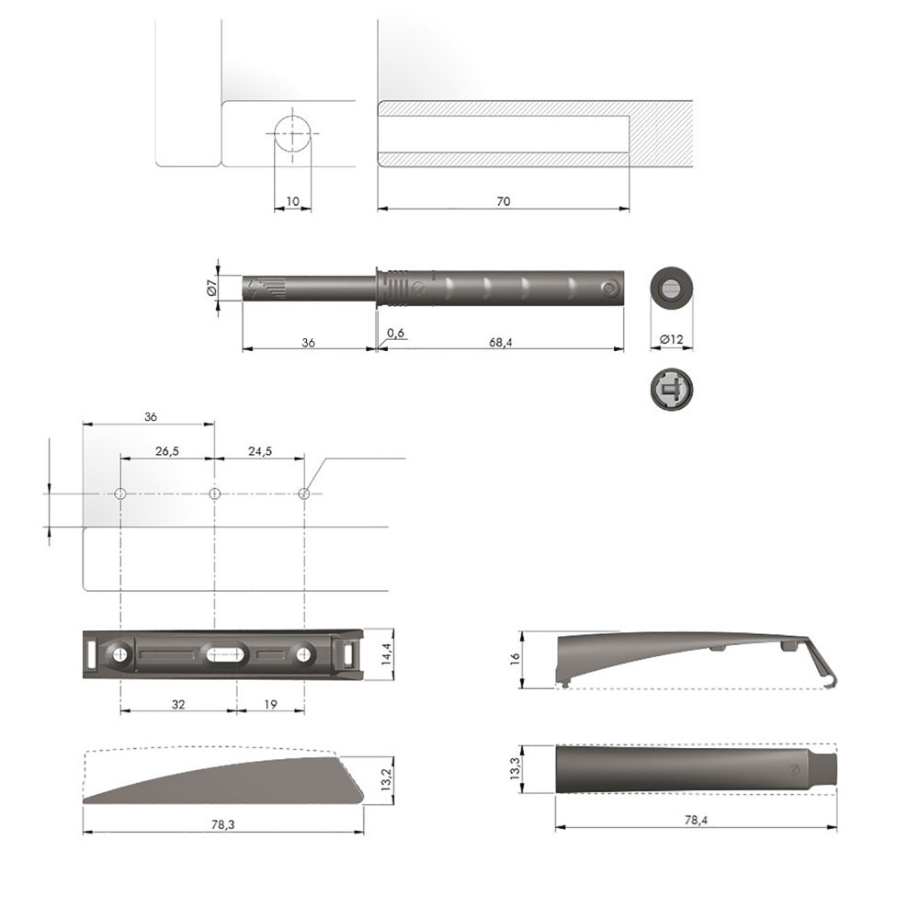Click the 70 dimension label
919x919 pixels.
[x=503, y=201]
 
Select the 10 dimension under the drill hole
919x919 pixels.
[x=292, y=201]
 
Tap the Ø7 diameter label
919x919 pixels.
[x=212, y=287]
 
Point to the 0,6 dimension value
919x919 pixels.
[x=395, y=333]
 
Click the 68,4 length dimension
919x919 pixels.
[x=500, y=342]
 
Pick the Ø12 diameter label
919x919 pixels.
[x=671, y=339]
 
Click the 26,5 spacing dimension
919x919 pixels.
[x=167, y=450]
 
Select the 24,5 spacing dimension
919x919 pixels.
[x=260, y=450]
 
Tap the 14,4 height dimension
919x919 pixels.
[x=386, y=653]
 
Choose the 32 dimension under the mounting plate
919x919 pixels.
[x=178, y=704]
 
